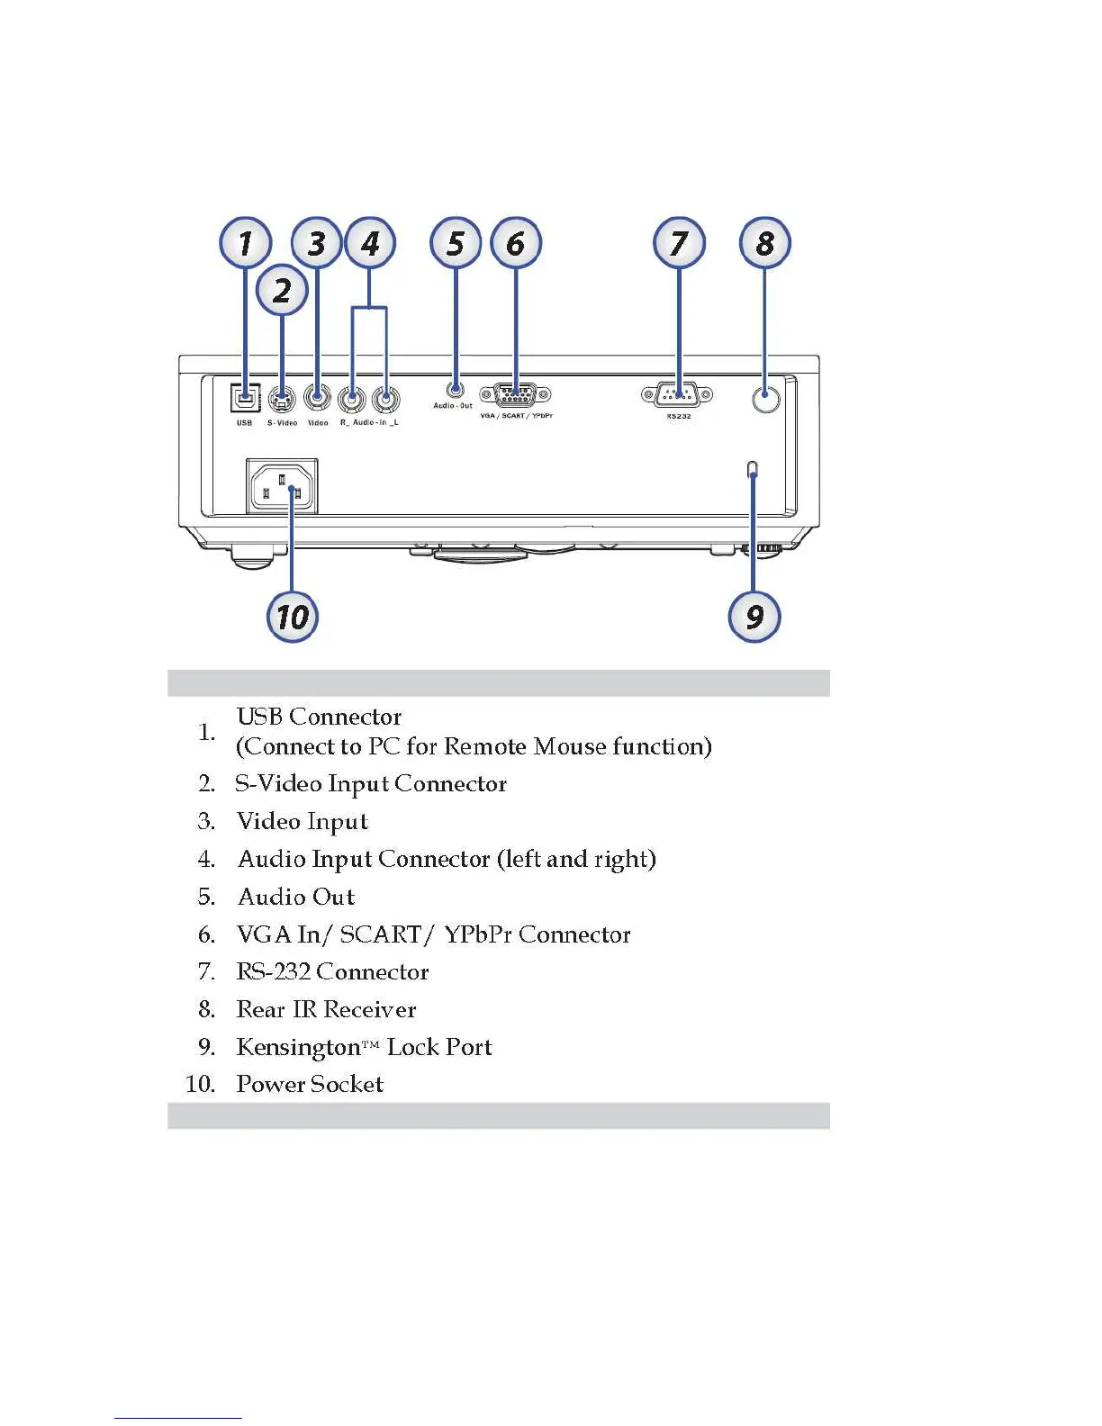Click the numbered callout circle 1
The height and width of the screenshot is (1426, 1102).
click(x=245, y=243)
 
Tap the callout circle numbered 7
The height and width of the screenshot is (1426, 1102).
click(x=679, y=243)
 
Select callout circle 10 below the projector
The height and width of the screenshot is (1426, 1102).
click(x=293, y=617)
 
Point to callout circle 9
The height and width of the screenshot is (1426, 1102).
click(x=754, y=617)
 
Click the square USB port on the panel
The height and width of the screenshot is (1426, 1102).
click(x=245, y=397)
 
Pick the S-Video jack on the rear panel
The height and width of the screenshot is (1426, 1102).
click(x=282, y=398)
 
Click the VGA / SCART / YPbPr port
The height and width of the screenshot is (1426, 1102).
click(x=515, y=395)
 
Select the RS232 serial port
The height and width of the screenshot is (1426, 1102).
click(x=677, y=395)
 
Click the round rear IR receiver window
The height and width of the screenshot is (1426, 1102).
click(x=765, y=398)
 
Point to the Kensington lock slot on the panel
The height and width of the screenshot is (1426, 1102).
click(x=753, y=468)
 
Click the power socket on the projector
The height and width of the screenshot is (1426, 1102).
click(x=282, y=487)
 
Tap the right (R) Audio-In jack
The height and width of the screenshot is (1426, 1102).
click(x=351, y=398)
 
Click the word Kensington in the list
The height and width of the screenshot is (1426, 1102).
click(x=297, y=1047)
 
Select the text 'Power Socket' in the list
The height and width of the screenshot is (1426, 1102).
click(x=310, y=1084)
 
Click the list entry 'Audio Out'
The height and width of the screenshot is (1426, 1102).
click(x=296, y=897)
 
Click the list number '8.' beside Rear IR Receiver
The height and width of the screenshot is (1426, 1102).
click(x=207, y=1009)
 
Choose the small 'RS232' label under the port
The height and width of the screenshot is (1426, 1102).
click(x=678, y=417)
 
